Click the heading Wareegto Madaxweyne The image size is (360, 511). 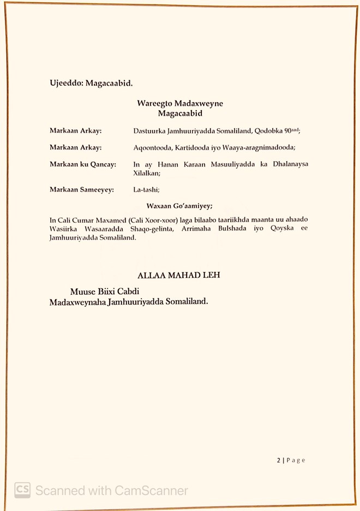click(x=180, y=104)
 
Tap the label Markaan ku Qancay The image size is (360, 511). click(x=82, y=164)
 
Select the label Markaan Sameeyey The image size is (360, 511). click(x=81, y=189)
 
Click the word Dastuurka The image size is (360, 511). click(x=151, y=131)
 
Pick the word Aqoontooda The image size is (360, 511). click(x=152, y=147)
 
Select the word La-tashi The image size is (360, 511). click(x=146, y=189)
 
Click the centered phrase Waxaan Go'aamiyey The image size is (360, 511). click(x=179, y=206)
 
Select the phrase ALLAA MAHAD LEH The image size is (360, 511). click(x=179, y=276)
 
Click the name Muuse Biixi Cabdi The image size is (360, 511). click(x=105, y=292)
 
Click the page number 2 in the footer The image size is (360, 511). click(x=278, y=460)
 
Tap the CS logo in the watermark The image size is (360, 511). click(x=22, y=490)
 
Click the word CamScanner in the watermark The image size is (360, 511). click(x=151, y=490)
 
